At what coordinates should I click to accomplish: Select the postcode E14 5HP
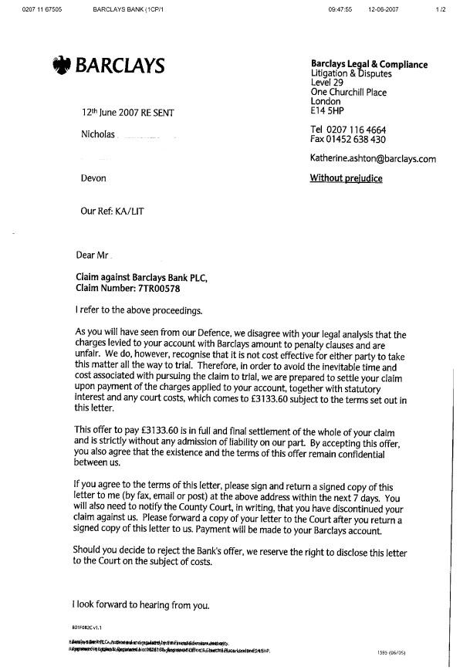pos(327,110)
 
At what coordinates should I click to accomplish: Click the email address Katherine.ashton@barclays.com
pos(373,159)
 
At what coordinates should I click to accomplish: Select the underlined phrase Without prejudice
pos(346,178)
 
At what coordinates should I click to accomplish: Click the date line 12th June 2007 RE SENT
pos(127,113)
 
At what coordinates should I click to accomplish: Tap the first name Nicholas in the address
pos(98,135)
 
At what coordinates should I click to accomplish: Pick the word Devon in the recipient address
pos(93,178)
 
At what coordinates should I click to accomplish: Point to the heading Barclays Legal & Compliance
pos(368,65)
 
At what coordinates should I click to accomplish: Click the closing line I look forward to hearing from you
pos(141,605)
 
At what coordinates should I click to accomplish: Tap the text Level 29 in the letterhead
pos(325,83)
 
